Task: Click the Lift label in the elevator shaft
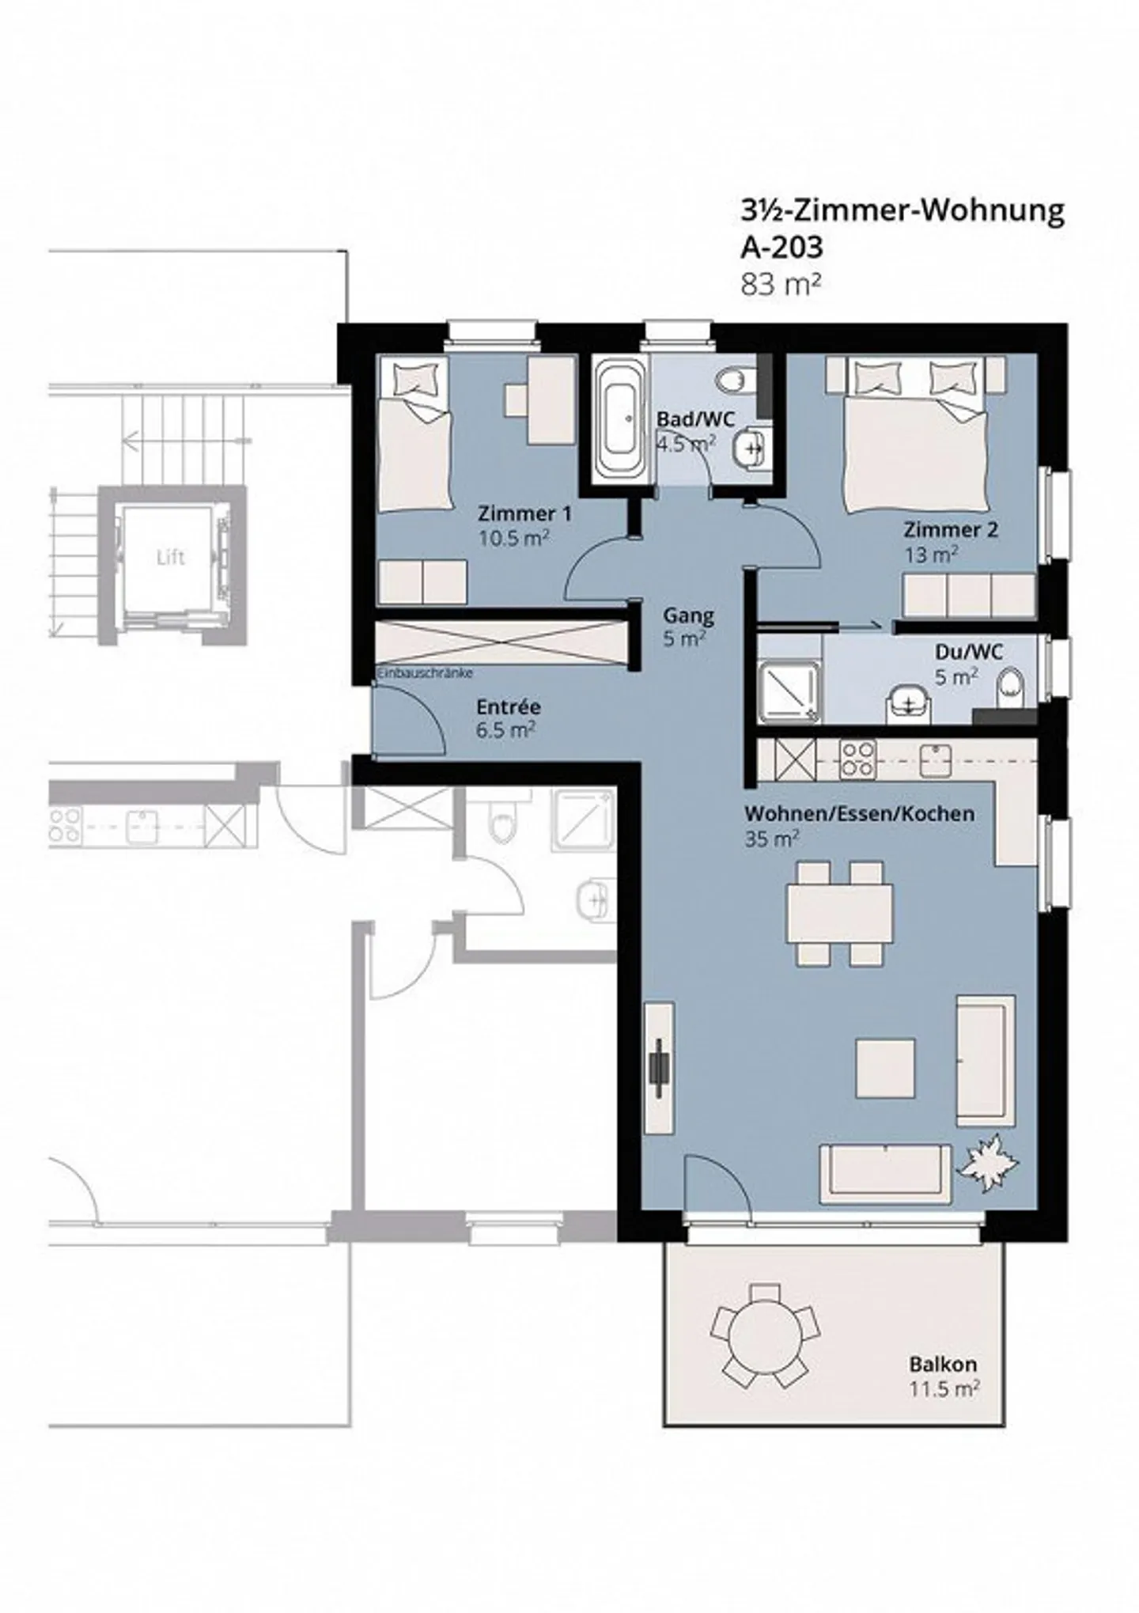coord(170,558)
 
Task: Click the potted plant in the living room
coord(987,1162)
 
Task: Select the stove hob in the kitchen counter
coord(857,759)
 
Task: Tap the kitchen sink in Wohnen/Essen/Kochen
coord(935,759)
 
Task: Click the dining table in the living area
coord(839,913)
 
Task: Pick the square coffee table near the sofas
coord(886,1067)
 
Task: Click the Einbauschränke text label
coord(425,673)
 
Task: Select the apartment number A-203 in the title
coord(781,248)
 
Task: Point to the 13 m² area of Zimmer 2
coord(931,555)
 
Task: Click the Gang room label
coord(688,615)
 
